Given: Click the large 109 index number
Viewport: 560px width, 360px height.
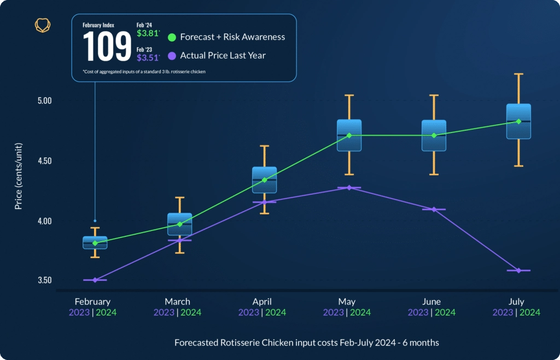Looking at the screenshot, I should coord(107,47).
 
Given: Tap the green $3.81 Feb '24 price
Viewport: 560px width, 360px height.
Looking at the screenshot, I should coord(148,33).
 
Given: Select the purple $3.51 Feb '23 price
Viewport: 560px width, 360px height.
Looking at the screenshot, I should coord(148,57).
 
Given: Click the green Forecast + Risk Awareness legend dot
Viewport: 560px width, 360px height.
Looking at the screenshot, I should coord(172,37).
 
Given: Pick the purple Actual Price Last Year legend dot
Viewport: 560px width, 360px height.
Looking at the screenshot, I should coord(172,55).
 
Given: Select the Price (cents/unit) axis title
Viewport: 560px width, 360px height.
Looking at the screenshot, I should coord(19,181).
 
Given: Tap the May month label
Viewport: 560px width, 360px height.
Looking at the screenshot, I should coord(347,301).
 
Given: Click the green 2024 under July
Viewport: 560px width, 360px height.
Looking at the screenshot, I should coord(529,312).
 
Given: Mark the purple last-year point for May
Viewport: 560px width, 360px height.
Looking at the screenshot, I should coord(349,188).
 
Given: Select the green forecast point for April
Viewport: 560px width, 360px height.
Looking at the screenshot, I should coord(264,180).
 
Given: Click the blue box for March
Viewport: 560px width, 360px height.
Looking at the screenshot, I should coord(179,224).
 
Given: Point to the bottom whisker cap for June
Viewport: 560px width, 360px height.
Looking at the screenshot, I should coord(434,174).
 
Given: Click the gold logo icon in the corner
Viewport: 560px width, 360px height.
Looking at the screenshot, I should coord(43,25).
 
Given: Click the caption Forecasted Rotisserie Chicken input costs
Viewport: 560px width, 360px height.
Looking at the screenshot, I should coord(306,342).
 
